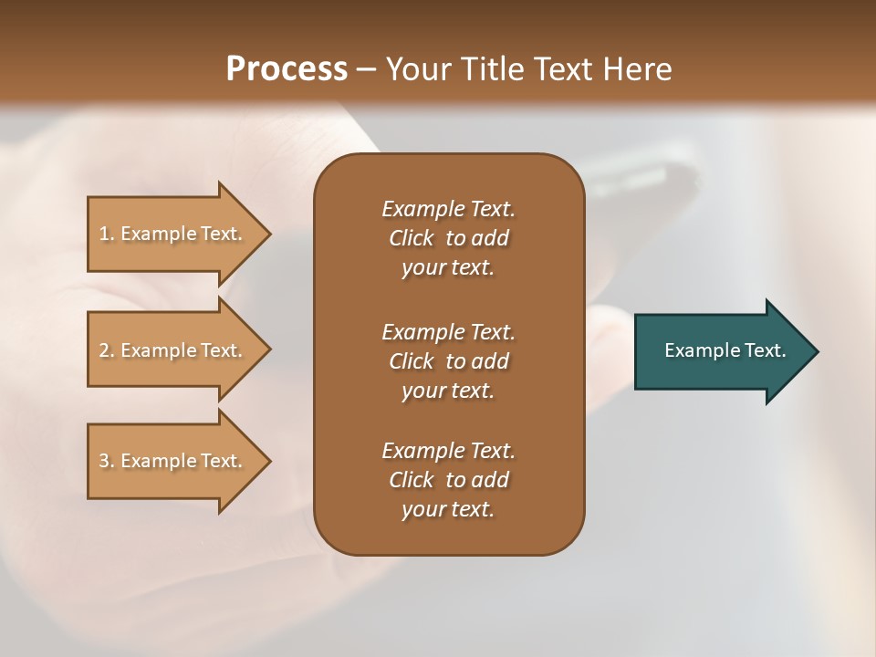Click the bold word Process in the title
click(287, 69)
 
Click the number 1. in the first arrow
click(107, 234)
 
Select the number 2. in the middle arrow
click(107, 350)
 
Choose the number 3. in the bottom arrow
click(107, 461)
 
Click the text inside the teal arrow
click(725, 350)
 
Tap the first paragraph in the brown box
click(448, 238)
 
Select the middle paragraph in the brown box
click(448, 361)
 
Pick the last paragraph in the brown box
click(448, 480)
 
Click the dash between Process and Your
click(366, 70)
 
